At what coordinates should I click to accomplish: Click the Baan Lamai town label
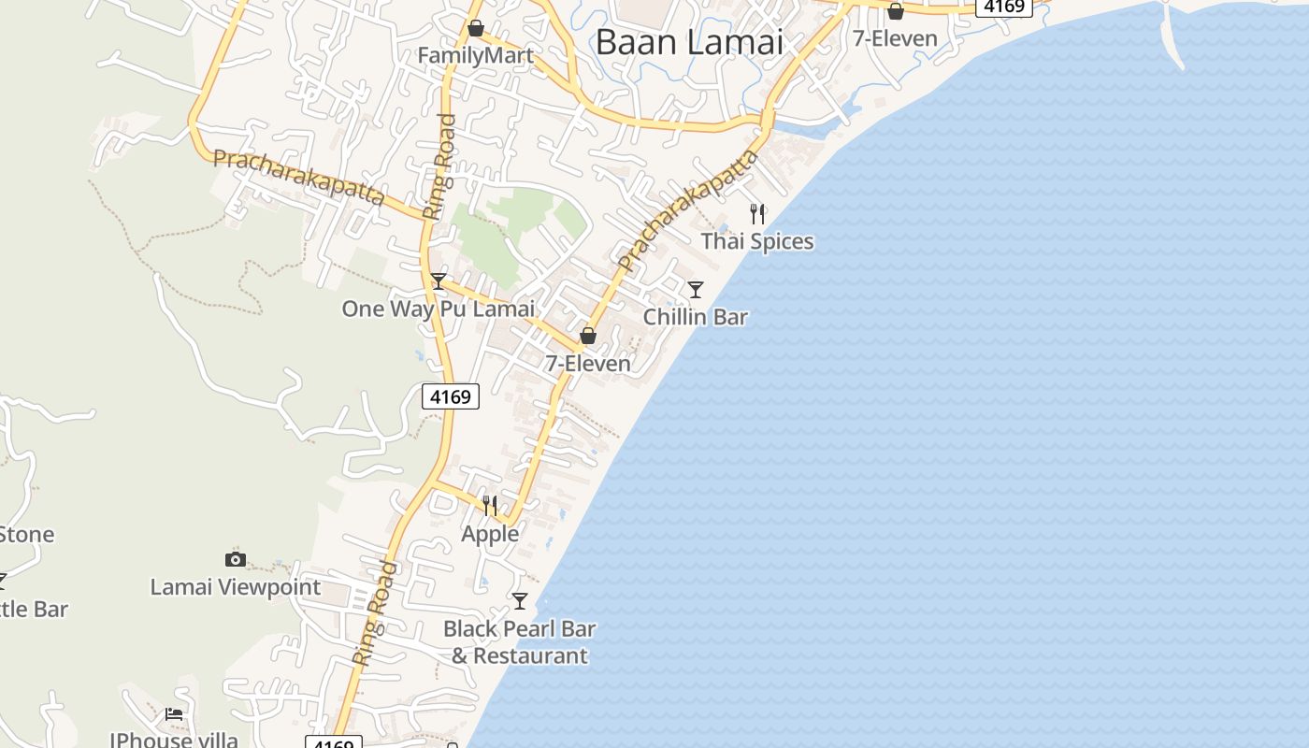(x=689, y=42)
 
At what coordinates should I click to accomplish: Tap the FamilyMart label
(x=475, y=55)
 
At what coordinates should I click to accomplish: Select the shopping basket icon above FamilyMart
(x=475, y=29)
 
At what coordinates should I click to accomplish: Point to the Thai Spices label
(x=757, y=241)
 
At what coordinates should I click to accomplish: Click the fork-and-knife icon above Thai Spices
(x=757, y=214)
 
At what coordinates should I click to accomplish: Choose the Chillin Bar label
(x=696, y=317)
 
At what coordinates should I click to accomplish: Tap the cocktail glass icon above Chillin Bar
(x=696, y=290)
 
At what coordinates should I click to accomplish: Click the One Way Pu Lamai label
(x=438, y=309)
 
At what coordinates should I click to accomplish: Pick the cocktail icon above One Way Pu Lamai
(x=439, y=281)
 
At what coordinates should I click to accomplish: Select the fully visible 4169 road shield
(x=451, y=396)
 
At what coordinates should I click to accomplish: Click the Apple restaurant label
(x=490, y=533)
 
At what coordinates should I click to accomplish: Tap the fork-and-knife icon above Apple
(x=490, y=506)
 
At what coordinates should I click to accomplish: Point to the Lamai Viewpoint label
(x=236, y=587)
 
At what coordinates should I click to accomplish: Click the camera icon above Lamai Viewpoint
(x=236, y=560)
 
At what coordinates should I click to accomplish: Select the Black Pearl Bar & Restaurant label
(x=520, y=641)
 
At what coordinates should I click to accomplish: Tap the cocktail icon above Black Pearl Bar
(x=520, y=601)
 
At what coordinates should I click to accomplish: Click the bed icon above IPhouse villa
(x=174, y=714)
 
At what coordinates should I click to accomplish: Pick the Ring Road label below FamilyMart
(x=439, y=166)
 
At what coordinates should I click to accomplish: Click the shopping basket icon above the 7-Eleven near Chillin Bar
(x=588, y=336)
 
